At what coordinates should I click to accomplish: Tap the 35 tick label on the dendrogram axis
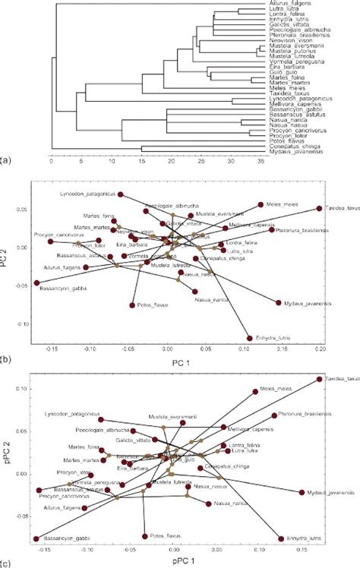(261, 162)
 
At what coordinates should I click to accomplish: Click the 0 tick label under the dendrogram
(51, 162)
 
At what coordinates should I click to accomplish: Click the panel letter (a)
(7, 161)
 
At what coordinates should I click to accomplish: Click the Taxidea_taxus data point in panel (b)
(319, 208)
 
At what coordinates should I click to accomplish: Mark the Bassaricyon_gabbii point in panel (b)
(36, 282)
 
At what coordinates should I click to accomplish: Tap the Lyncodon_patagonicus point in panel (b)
(120, 195)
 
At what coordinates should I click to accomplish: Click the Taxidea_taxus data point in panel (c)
(319, 379)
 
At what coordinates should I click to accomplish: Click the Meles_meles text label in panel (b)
(283, 204)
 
